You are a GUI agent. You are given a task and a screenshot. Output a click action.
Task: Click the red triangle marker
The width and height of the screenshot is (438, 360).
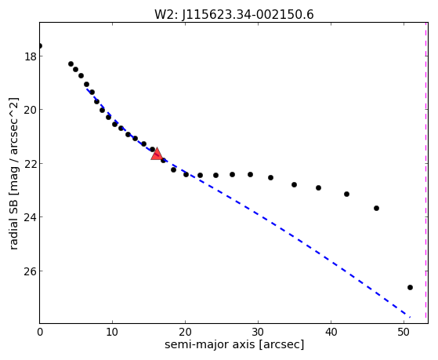pos(157,154)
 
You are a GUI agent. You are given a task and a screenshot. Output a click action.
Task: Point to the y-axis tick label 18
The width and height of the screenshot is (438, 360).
pos(30,56)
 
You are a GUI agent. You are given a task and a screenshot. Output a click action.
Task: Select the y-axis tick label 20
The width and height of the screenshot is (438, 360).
pos(30,110)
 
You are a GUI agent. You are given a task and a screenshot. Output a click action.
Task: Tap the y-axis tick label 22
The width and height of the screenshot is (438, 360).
pos(30,164)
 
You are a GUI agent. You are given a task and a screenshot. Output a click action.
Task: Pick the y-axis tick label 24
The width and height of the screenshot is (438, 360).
pos(30,217)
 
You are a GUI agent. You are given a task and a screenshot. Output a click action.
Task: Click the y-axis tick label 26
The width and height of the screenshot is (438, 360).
pos(30,271)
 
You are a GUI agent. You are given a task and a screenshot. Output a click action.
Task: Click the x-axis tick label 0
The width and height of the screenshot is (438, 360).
pos(40,332)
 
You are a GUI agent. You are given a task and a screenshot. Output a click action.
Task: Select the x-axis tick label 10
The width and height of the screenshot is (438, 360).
pos(112,332)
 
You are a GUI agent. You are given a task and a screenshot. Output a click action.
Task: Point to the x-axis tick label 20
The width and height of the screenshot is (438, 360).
pos(185,332)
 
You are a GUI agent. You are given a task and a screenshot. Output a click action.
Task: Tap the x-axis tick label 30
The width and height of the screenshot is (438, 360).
pos(258,332)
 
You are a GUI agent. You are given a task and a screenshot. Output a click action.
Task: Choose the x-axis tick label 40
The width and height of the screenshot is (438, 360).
pos(331,332)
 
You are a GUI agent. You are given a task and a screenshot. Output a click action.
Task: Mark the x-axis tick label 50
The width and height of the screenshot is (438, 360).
pos(404,332)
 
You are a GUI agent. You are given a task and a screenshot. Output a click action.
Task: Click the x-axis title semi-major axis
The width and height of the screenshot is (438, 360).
pos(209,345)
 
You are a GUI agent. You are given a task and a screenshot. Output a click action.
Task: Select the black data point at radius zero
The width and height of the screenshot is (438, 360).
pos(40,45)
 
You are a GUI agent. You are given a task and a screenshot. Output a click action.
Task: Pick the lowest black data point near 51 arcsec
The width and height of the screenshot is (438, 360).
pos(410,288)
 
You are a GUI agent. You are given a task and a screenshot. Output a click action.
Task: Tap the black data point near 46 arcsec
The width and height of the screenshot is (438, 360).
pos(377,209)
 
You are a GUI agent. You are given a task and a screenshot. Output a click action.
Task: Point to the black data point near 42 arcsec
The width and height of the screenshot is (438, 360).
pos(346,195)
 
